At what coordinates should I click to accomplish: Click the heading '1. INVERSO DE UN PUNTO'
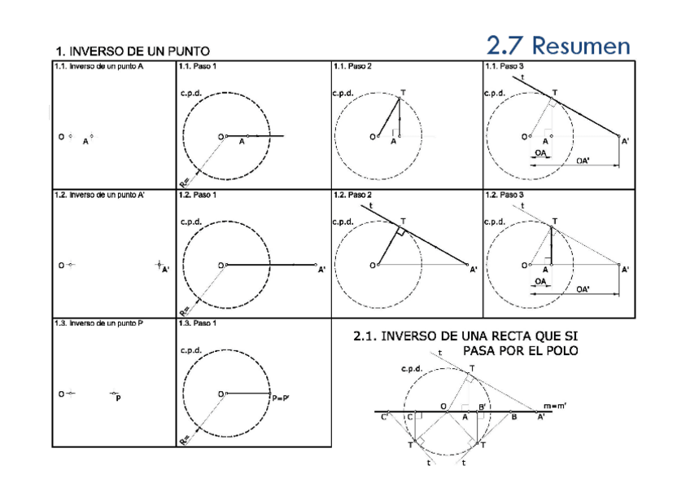pyautogui.click(x=132, y=52)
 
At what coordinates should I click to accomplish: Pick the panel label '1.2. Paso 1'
pyautogui.click(x=197, y=196)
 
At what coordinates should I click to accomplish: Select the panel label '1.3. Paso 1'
pyautogui.click(x=197, y=323)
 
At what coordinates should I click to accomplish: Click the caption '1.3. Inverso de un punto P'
pyautogui.click(x=98, y=323)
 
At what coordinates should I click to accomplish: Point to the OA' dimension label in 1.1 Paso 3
pyautogui.click(x=583, y=160)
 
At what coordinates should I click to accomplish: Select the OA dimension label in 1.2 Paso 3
pyautogui.click(x=540, y=281)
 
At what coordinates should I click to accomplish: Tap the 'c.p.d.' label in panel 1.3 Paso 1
pyautogui.click(x=191, y=350)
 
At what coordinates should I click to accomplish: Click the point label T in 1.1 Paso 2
pyautogui.click(x=404, y=92)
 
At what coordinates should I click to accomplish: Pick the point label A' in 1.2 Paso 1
pyautogui.click(x=322, y=270)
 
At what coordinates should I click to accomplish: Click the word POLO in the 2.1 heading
pyautogui.click(x=556, y=351)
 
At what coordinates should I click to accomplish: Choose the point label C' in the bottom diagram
pyautogui.click(x=385, y=418)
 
